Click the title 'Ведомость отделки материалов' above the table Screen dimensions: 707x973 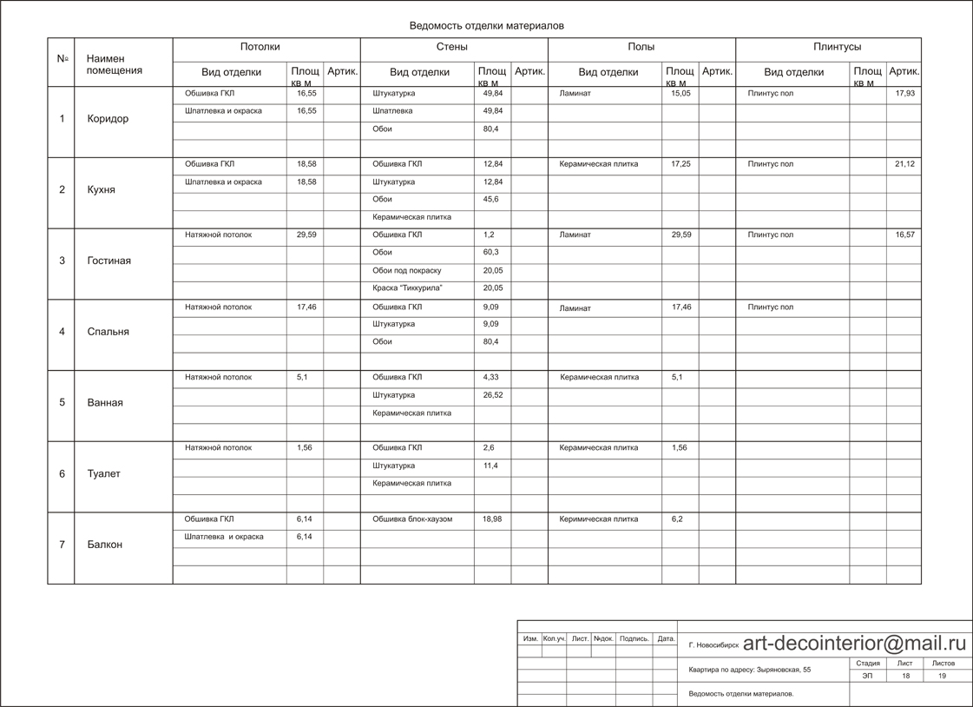click(x=486, y=26)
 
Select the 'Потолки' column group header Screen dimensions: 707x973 click(x=260, y=47)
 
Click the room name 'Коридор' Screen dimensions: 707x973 click(x=108, y=119)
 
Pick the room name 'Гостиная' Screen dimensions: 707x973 click(x=109, y=261)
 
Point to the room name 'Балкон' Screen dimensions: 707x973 click(x=105, y=545)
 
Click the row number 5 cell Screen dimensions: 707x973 click(x=62, y=402)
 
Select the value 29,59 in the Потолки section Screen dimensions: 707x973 click(x=306, y=235)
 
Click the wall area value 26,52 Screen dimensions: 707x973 click(x=492, y=395)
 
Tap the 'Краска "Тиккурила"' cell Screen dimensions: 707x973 click(x=407, y=287)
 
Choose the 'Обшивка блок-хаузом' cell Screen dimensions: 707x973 click(x=412, y=519)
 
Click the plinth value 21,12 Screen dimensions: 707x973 click(x=904, y=164)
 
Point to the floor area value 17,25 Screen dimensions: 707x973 click(x=680, y=164)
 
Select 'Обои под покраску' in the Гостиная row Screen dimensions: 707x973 click(x=407, y=270)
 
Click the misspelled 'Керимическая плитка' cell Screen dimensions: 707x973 click(x=599, y=519)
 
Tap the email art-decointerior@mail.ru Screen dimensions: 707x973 click(x=854, y=644)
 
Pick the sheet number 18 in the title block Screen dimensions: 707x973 click(x=905, y=676)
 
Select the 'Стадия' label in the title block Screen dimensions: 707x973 click(x=868, y=664)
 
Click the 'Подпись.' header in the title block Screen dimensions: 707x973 click(x=634, y=638)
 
